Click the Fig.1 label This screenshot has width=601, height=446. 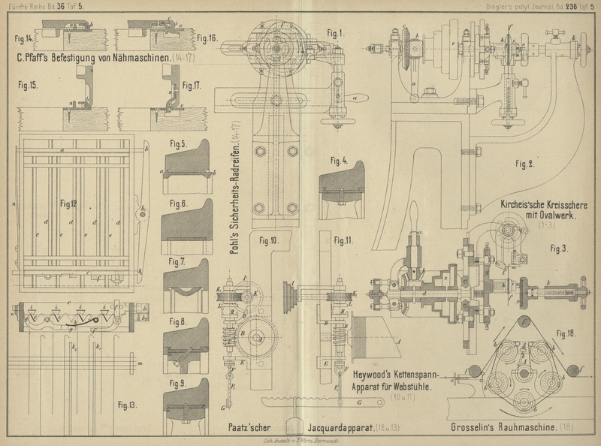(335, 32)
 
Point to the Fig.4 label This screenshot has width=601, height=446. (340, 160)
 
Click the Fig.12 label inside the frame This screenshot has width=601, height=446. (70, 203)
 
